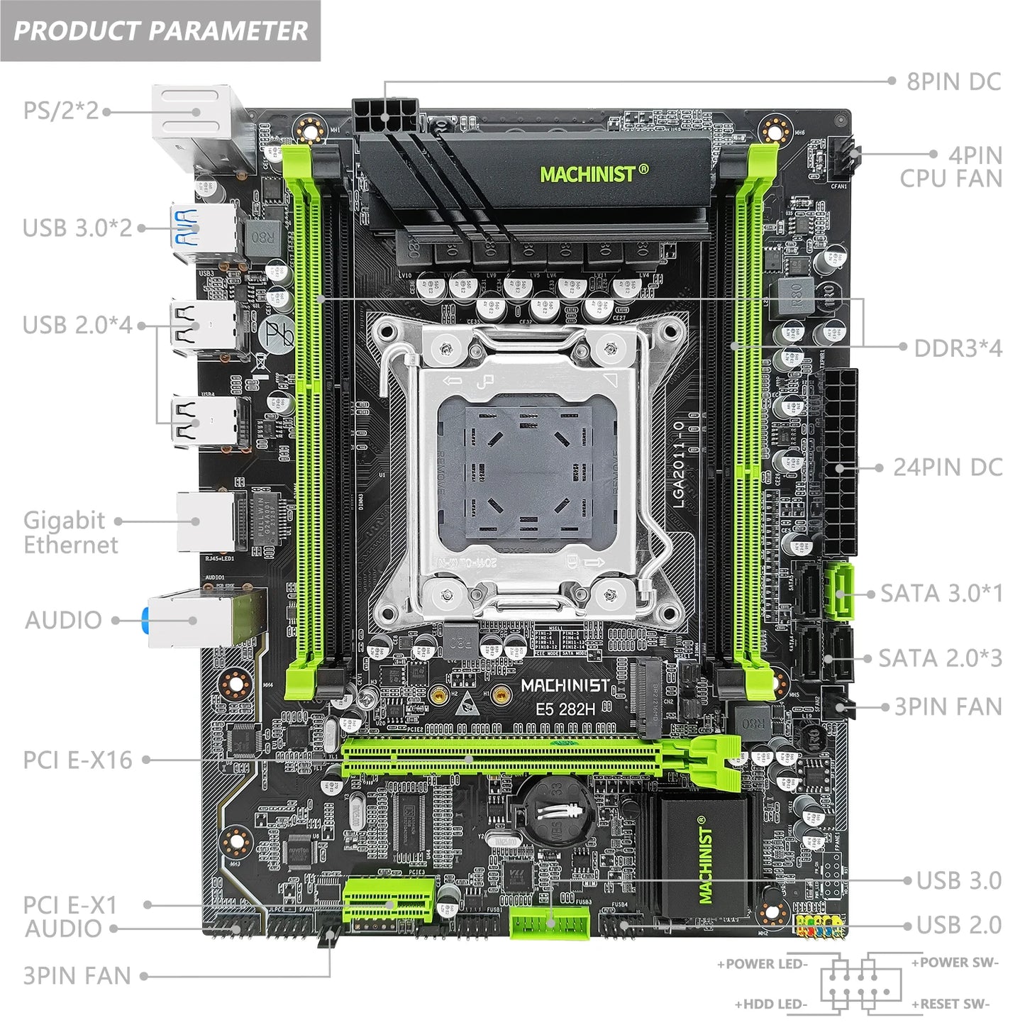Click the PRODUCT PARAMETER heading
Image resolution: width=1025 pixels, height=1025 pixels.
[x=160, y=31]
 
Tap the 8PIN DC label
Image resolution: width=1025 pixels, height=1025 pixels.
[x=953, y=82]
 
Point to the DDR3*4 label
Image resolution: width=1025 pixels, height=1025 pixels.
[x=958, y=348]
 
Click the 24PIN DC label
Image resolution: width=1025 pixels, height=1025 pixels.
[x=947, y=467]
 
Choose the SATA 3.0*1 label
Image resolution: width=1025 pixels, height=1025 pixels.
[x=941, y=594]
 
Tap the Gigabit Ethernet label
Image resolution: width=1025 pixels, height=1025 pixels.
[x=70, y=532]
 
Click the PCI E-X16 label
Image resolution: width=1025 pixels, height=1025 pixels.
[x=77, y=760]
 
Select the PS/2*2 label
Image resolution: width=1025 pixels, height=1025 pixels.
[x=61, y=111]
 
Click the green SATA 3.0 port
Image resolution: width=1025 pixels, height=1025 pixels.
[x=838, y=592]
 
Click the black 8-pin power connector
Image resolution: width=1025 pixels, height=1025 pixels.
[x=384, y=114]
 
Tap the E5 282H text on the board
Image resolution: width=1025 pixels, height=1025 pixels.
[x=565, y=709]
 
